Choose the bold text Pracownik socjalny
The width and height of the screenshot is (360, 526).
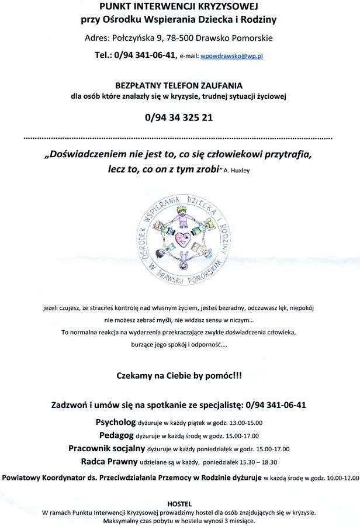tap(107, 449)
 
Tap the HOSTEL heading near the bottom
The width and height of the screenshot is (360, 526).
tap(179, 504)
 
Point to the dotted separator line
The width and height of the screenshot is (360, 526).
tap(179, 139)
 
